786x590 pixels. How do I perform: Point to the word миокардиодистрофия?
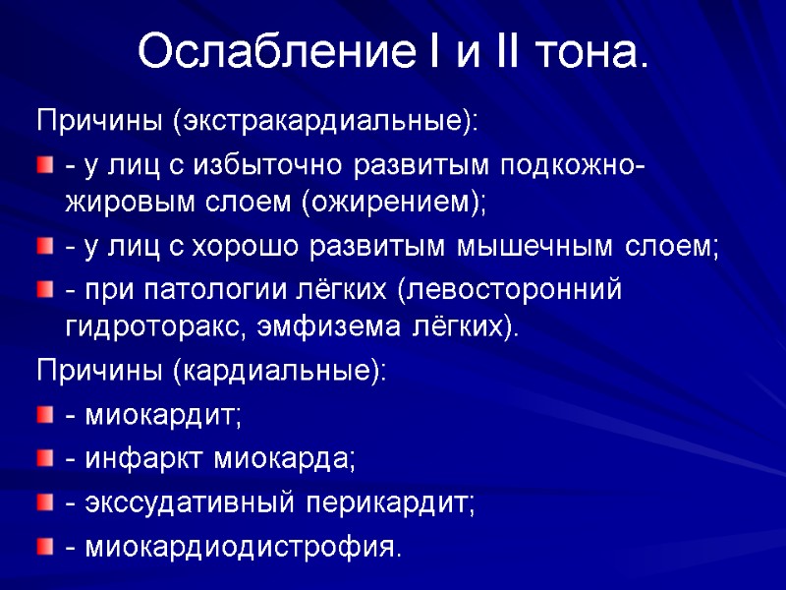click(x=241, y=546)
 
